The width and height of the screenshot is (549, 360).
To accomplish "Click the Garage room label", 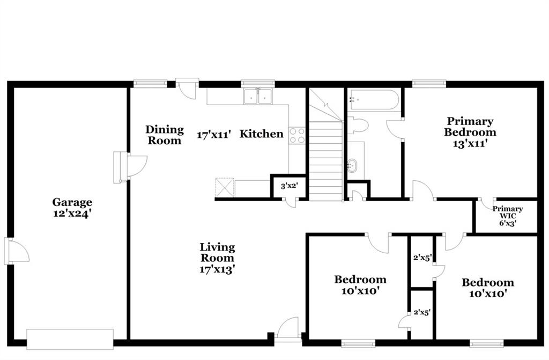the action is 72,202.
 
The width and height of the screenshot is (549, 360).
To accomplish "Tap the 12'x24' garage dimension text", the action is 72,213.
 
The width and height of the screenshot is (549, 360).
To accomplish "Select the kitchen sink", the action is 258,97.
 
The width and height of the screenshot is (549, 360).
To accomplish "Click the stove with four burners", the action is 297,136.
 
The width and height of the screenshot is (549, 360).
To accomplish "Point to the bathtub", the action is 374,100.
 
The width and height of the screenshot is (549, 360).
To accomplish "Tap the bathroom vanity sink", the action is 352,165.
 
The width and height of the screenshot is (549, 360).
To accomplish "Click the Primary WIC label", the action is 508,212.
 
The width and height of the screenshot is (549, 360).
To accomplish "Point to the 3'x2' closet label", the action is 289,186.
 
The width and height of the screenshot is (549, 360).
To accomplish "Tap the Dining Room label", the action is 165,135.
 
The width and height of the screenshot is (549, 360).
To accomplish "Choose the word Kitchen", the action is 261,134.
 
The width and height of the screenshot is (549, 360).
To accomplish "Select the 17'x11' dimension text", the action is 214,134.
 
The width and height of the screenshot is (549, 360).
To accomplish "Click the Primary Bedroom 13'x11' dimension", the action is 470,143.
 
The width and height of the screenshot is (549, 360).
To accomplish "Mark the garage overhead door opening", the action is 70,339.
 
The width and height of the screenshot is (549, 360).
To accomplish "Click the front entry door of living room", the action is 287,329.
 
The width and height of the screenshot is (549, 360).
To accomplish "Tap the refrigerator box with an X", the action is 225,188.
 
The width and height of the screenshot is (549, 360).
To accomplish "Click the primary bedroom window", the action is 429,83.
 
